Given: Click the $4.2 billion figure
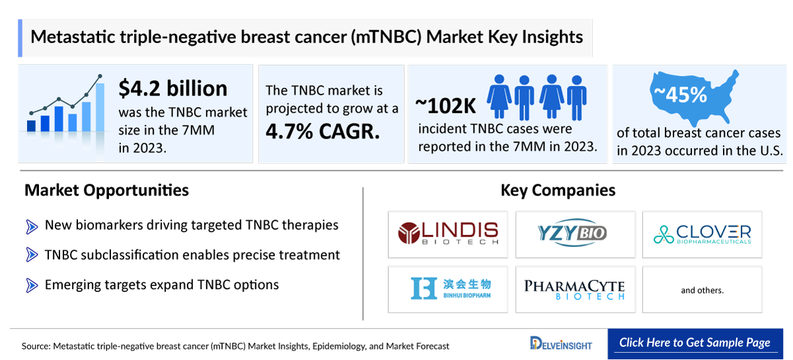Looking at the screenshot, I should [172, 88].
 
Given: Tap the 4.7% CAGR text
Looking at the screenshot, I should [322, 131].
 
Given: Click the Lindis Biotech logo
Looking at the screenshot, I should [447, 234].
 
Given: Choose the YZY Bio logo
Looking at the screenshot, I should [575, 234].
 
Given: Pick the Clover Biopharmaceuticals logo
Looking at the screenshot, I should [702, 234].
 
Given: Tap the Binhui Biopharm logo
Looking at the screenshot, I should [447, 289].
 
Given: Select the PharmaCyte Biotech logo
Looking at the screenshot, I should [575, 289].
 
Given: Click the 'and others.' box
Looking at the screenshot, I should [702, 289].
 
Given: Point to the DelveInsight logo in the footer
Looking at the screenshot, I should [561, 343].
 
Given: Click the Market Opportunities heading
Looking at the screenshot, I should [106, 191].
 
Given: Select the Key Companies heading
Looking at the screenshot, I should [558, 191].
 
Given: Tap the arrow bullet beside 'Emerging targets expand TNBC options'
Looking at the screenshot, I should [32, 285].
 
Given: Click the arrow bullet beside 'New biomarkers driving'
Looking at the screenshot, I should [32, 226].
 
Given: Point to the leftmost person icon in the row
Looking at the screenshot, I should [500, 93].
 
